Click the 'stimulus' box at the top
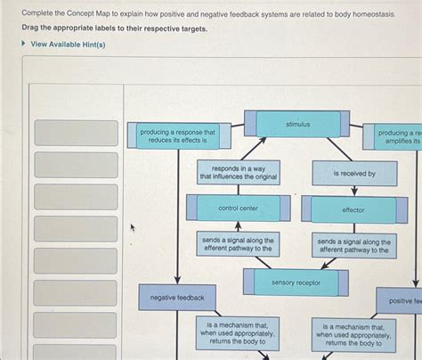click(298, 125)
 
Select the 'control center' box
click(238, 209)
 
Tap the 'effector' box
click(353, 210)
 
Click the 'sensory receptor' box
click(296, 282)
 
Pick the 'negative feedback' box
click(177, 298)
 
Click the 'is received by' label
click(353, 174)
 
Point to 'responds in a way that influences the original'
click(238, 173)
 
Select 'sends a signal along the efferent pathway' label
click(239, 245)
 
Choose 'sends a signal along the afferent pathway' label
click(353, 246)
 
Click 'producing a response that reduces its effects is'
click(178, 136)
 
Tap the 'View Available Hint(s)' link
click(68, 44)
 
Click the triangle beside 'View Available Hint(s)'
click(24, 44)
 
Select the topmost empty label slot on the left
click(76, 133)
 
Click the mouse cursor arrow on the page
click(133, 227)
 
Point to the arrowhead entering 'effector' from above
click(354, 192)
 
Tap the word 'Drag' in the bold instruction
click(31, 29)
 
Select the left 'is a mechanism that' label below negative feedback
click(238, 334)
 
